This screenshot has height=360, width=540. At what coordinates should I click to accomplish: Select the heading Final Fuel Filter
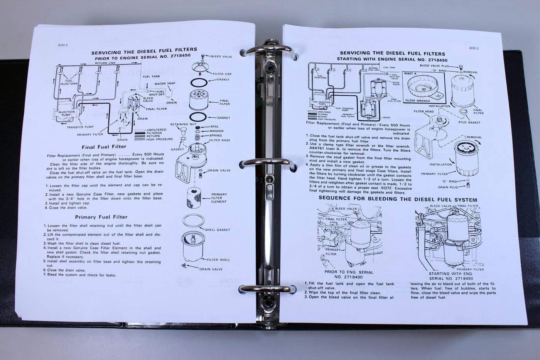[x=104, y=147]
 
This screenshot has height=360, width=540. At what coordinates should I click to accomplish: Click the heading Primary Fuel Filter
[x=101, y=217]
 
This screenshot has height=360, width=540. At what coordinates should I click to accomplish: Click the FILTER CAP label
[x=223, y=74]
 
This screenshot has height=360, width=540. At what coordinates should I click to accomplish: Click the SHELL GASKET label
[x=218, y=230]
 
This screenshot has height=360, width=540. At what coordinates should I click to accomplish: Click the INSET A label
[x=410, y=73]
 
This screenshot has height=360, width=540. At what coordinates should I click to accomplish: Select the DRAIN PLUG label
[x=448, y=188]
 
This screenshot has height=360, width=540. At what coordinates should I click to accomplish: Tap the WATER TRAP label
[x=165, y=83]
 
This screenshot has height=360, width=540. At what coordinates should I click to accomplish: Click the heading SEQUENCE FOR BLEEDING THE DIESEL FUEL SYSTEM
[x=398, y=199]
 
